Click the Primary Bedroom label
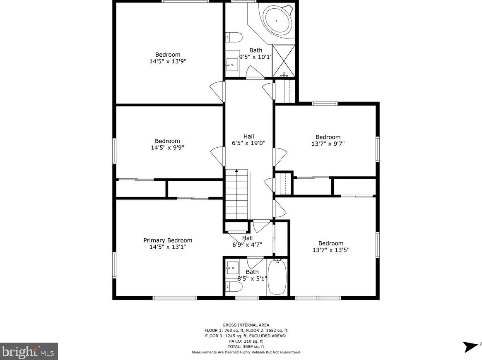pos(168,240)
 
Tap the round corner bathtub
pos(277,21)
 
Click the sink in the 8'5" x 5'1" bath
pos(232,268)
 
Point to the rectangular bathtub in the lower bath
pos(277,277)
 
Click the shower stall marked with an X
pos(283,61)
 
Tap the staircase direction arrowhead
pos(236,170)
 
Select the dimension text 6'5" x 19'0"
pos(248,143)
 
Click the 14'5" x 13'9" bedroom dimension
pos(168,61)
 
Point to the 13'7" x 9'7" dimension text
pos(328,144)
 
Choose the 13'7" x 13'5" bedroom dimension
pos(331,250)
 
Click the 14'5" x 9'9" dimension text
pos(167,148)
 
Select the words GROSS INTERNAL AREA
pos(246,325)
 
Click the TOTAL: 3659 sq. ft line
pos(246,347)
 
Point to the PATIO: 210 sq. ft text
pos(246,341)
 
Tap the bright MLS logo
pos(29,351)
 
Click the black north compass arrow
pos(470,346)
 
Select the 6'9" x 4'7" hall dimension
pos(247,245)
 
